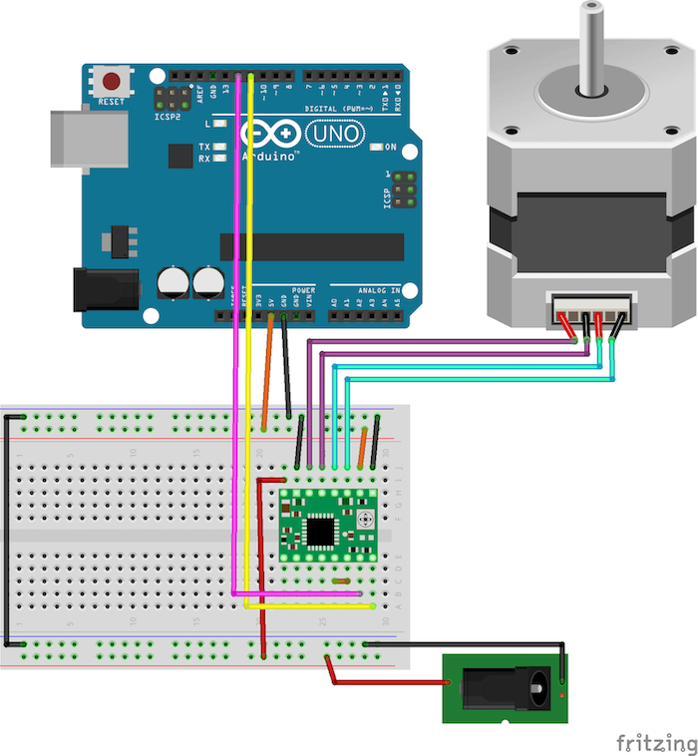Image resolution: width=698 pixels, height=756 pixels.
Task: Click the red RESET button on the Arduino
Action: [112, 82]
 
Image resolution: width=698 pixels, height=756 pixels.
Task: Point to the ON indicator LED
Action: [377, 148]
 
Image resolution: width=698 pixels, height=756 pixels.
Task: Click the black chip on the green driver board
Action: [320, 532]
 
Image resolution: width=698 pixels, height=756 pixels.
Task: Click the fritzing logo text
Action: [655, 743]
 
